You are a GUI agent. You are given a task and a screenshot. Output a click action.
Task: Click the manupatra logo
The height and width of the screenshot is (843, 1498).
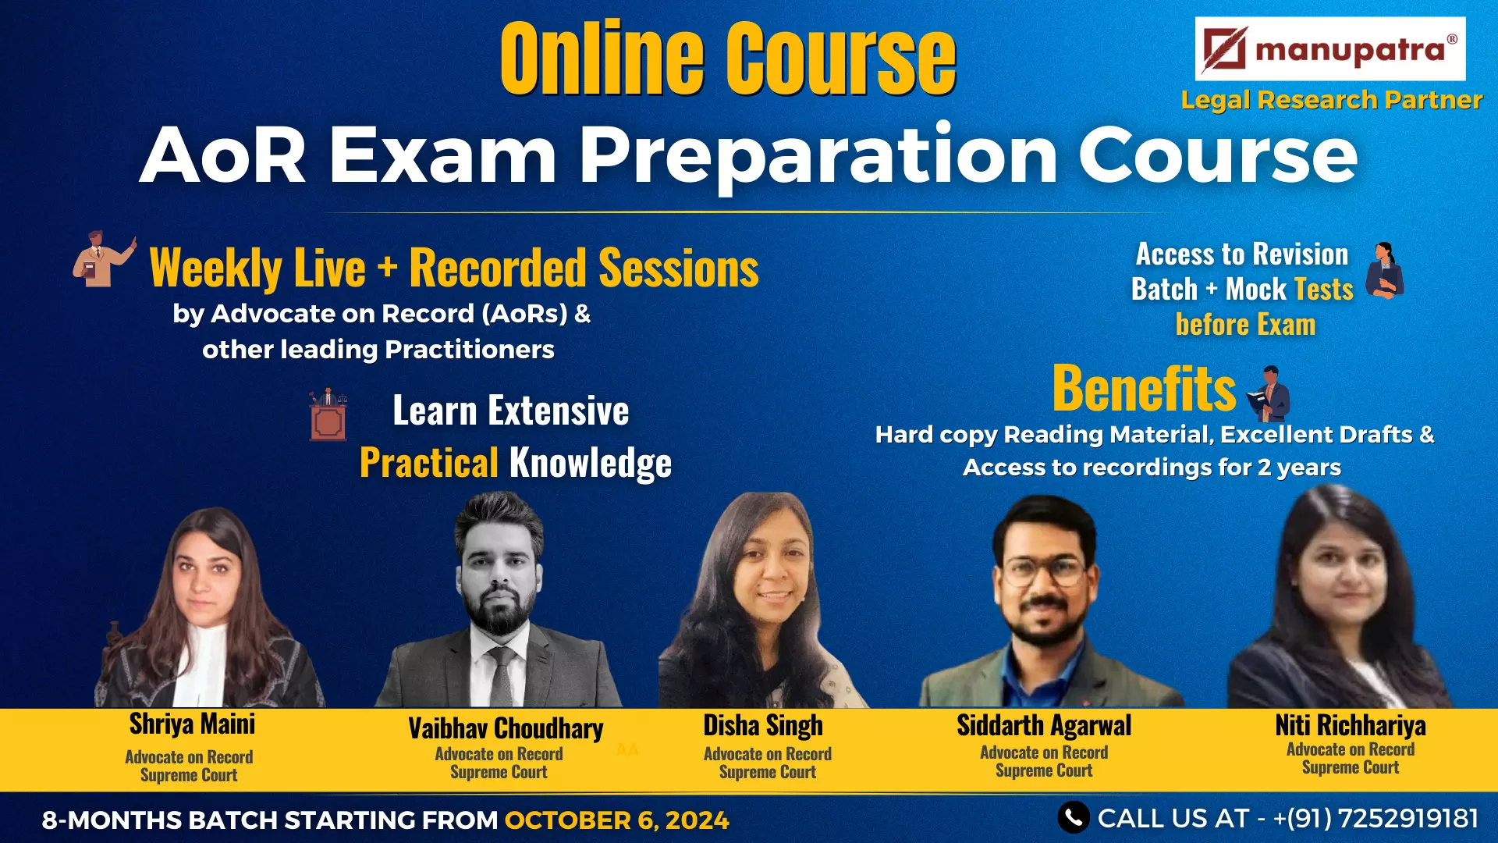point(1329,49)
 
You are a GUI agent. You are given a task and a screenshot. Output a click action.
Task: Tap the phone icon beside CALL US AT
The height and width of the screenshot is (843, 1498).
point(1074,817)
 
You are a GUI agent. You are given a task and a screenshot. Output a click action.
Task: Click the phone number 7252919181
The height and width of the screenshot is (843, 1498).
point(1408,818)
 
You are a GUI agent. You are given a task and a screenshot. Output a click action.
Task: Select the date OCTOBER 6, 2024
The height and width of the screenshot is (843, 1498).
point(616,820)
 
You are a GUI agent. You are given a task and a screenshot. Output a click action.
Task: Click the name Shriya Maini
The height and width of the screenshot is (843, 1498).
point(192,724)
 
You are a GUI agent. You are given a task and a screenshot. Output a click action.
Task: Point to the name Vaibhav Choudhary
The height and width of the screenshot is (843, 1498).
point(506,728)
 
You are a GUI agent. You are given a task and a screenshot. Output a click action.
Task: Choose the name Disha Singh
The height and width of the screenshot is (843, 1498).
point(763,725)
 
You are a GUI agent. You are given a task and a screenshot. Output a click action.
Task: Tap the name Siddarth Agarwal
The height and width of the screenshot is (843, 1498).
point(1044,725)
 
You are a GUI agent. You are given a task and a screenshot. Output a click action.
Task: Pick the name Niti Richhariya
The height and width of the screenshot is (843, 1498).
point(1351,725)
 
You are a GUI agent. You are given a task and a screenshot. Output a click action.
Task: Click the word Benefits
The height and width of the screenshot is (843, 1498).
point(1144,388)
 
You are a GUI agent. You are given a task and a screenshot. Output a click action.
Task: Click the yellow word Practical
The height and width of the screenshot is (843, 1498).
point(429,462)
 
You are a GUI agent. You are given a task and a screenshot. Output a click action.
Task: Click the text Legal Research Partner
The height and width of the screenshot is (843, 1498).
point(1331,100)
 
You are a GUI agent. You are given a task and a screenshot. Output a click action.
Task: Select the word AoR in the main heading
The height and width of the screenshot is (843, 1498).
point(223,155)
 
